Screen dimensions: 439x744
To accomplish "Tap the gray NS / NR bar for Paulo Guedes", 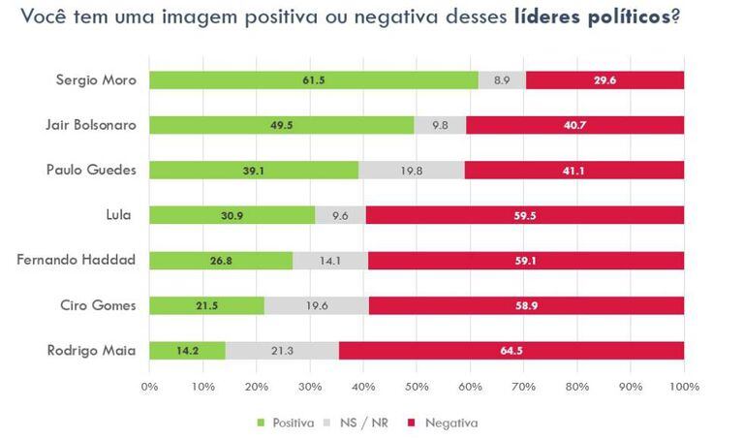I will tap(411, 170).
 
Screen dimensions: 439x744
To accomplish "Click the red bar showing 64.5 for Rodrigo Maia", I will tap(511, 349).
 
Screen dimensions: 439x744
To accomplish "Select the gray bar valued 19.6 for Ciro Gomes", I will tap(316, 304).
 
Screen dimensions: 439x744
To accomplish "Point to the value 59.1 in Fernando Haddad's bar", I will tap(526, 260).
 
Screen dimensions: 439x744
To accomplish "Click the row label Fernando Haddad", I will tap(90, 260).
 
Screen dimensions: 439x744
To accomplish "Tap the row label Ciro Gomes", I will tap(101, 304).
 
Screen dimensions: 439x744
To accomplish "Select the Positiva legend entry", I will tap(287, 423).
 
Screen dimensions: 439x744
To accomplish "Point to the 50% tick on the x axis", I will tap(417, 387).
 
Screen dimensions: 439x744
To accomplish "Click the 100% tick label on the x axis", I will tap(684, 387).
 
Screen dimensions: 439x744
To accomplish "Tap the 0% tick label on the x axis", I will tap(149, 387).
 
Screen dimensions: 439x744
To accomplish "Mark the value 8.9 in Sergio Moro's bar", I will tap(502, 80).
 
